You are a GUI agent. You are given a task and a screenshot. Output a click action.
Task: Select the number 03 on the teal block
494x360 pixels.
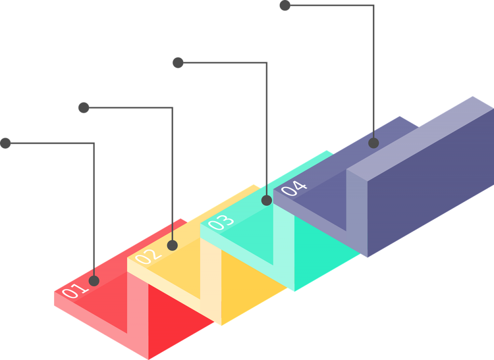click(221, 222)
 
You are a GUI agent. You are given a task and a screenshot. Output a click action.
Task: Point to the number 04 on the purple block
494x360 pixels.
click(293, 187)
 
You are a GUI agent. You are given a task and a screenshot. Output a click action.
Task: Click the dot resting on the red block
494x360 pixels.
click(94, 280)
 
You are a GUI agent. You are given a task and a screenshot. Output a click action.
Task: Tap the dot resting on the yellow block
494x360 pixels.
click(172, 245)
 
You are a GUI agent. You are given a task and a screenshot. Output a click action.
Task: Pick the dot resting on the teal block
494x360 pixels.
click(266, 200)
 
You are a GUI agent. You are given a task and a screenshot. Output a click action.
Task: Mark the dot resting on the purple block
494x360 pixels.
click(373, 143)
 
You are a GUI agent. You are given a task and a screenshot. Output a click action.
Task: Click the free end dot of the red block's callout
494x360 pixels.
click(5, 143)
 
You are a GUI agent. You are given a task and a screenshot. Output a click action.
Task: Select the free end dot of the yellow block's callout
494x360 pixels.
click(83, 108)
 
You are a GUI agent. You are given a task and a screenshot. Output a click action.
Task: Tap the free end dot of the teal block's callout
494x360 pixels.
click(178, 62)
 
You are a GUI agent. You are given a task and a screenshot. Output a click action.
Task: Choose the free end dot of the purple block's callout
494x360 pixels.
click(285, 5)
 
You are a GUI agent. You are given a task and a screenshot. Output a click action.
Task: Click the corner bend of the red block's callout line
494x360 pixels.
click(94, 143)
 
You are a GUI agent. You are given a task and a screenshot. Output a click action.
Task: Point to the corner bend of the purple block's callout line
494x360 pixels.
click(373, 6)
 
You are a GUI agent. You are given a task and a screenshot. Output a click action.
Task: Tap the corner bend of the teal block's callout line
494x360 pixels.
click(266, 63)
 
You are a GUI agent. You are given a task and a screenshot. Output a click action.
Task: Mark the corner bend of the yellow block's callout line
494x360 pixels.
click(172, 108)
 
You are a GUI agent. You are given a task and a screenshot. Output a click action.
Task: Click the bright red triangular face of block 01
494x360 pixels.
click(169, 314)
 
